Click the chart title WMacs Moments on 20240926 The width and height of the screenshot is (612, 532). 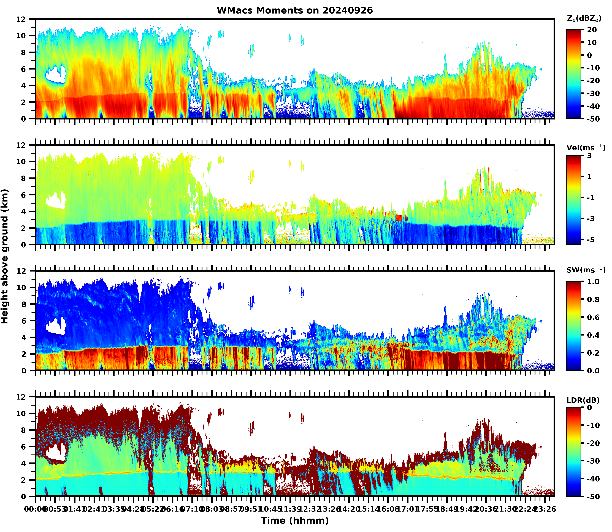(295, 10)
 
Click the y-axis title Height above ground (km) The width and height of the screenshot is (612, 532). (5, 256)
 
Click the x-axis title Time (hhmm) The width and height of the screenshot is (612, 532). (295, 520)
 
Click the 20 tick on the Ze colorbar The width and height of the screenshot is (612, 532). (592, 30)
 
